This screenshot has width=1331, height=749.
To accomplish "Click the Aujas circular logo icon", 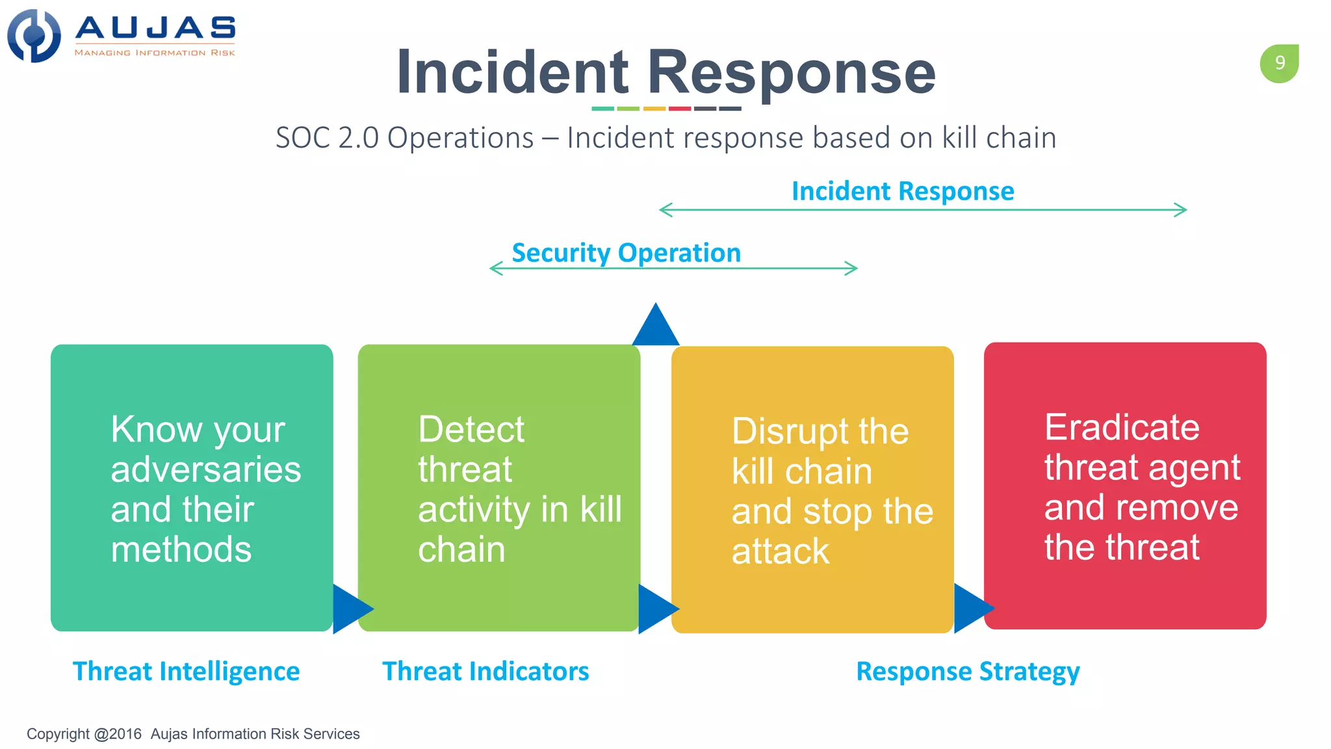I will coord(34,36).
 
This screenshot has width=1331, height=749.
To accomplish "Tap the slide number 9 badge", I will coord(1279,63).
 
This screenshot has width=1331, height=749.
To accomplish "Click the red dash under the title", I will coord(679,109).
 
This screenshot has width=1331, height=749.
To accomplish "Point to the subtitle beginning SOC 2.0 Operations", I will coord(665,138).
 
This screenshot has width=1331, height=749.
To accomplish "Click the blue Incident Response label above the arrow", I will coord(902,191).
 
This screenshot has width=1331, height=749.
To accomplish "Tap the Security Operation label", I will coord(626,252).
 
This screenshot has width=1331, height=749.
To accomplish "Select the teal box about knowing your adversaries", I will coord(192,488).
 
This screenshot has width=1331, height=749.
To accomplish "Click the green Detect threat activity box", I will coord(498,488).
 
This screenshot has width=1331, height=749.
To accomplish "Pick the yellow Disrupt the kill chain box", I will coord(812,489).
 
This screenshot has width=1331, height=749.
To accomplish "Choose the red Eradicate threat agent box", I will coord(1124,486).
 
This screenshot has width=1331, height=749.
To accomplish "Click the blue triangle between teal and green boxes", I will coord(350,609).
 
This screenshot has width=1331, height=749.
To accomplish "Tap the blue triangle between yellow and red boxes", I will coord(971,609).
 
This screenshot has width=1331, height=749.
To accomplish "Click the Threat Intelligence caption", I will coord(186,671).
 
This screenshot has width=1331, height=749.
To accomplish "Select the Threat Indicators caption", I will coord(485,671).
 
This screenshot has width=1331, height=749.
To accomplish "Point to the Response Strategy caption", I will coord(968,671).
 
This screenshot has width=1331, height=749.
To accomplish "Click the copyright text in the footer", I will coord(193,734).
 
